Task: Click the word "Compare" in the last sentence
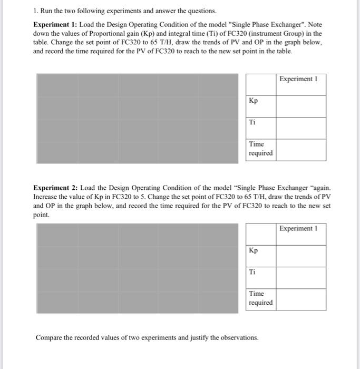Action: (x=50, y=337)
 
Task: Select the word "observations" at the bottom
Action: (x=240, y=337)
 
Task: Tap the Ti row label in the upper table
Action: (x=252, y=122)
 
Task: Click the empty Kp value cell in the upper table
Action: (x=300, y=106)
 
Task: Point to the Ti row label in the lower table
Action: (x=252, y=272)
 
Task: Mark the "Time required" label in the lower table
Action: (x=260, y=298)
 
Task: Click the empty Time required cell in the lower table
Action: (x=300, y=299)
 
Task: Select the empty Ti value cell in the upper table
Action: (x=300, y=128)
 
